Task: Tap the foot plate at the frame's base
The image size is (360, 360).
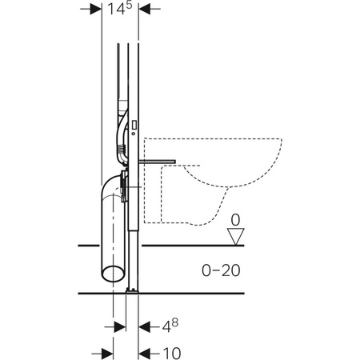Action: [x=131, y=290]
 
